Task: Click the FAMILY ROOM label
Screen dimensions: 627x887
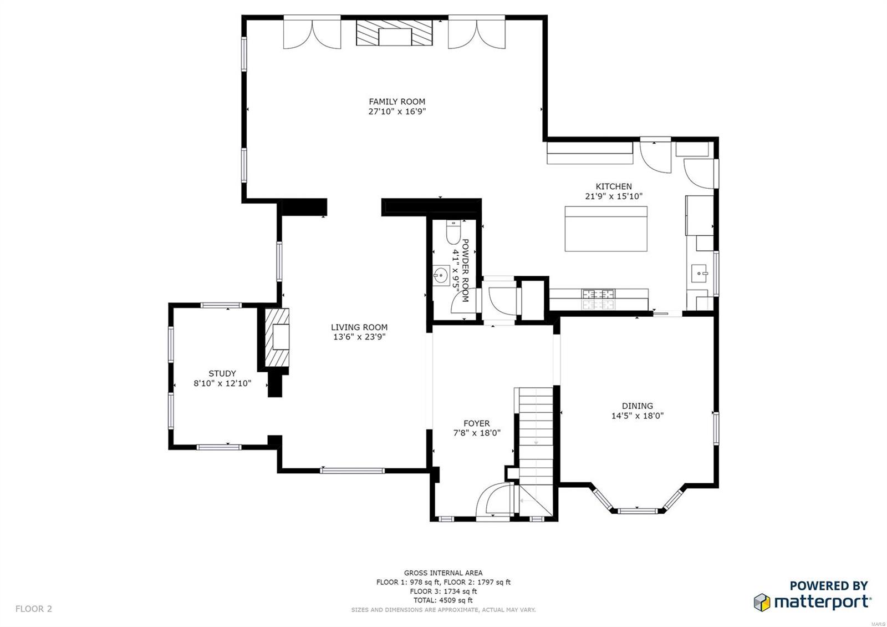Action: click(x=397, y=102)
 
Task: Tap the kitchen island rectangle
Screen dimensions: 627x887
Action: click(x=606, y=229)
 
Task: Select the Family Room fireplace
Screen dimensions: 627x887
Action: click(x=395, y=34)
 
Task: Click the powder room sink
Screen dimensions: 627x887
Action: click(x=442, y=274)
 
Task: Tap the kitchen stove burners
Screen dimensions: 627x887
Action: click(x=598, y=299)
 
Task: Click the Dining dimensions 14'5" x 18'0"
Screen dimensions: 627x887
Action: click(x=637, y=416)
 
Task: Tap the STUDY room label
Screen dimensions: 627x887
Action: click(x=222, y=373)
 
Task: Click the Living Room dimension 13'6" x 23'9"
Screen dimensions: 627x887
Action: click(x=359, y=337)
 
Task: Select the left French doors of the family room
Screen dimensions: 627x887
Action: click(x=312, y=35)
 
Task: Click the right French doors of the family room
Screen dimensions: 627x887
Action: click(x=477, y=35)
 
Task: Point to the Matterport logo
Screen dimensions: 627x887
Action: click(x=812, y=595)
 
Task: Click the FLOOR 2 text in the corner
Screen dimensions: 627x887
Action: click(x=34, y=609)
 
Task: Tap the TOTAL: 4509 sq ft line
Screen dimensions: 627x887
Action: click(x=442, y=600)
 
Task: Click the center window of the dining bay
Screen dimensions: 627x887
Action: click(x=636, y=510)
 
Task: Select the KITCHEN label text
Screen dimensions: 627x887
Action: click(x=613, y=186)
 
